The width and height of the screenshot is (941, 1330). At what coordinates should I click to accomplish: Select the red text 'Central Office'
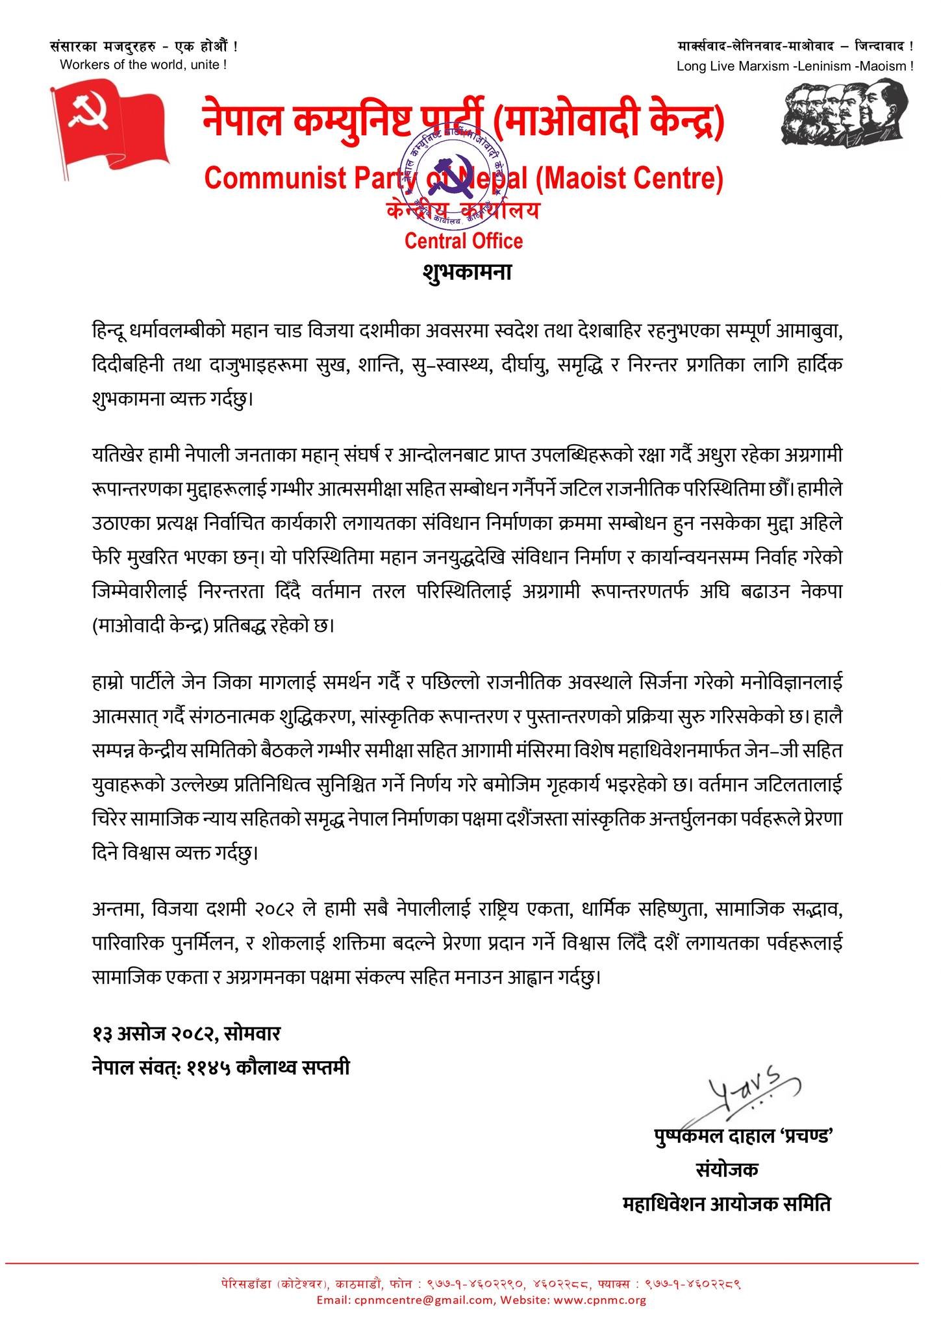pos(464,242)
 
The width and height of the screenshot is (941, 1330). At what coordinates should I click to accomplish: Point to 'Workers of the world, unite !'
pos(143,64)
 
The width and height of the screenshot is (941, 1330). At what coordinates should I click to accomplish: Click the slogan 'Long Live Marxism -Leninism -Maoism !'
pos(795,66)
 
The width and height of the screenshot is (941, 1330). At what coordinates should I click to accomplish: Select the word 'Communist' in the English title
pos(262,179)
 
